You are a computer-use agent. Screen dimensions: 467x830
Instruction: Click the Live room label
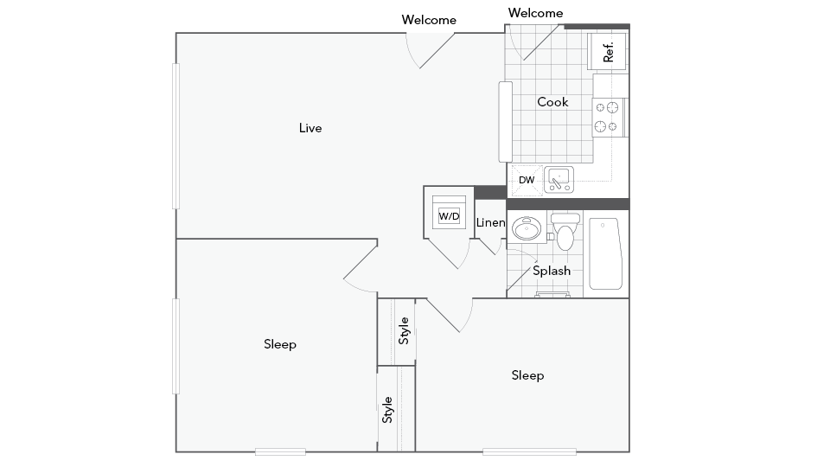point(310,128)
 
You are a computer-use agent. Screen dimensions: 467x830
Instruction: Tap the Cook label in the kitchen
point(552,102)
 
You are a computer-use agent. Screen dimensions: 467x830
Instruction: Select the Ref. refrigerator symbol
point(608,51)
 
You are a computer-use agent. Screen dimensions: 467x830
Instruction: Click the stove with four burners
point(609,117)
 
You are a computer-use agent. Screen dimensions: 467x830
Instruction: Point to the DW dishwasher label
point(527,181)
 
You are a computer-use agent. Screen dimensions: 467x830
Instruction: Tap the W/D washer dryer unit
point(449,214)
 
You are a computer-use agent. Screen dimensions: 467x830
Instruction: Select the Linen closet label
point(490,223)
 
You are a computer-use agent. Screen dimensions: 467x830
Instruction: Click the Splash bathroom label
point(552,271)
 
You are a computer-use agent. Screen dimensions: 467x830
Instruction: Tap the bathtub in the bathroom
point(605,253)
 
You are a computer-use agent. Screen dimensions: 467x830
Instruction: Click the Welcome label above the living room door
point(429,20)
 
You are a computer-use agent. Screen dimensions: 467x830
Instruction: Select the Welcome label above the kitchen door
point(535,13)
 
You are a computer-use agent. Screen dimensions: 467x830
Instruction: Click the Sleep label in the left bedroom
point(280,344)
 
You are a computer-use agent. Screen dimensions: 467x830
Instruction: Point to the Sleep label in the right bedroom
point(527,375)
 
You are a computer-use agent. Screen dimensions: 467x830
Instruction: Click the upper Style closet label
point(404,331)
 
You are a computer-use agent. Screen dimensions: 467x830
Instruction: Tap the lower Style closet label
point(388,409)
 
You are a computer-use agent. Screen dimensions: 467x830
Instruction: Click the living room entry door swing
point(432,50)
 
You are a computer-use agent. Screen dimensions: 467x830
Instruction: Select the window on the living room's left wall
point(176,137)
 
